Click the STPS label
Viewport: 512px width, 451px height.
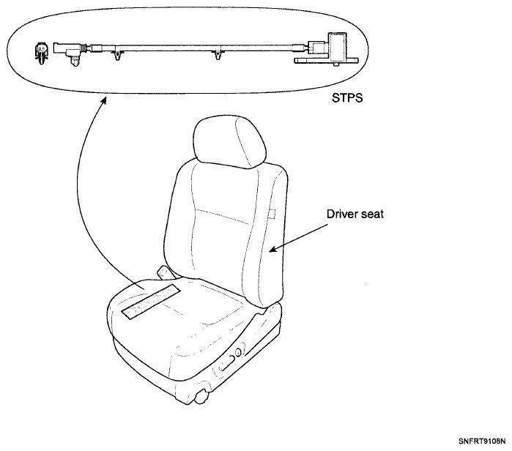pos(347,97)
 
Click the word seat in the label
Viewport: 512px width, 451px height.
pos(373,215)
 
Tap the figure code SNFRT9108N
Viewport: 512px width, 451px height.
pos(482,441)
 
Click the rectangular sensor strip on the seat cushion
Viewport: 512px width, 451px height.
pos(151,302)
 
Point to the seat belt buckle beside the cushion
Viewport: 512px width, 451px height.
pos(166,273)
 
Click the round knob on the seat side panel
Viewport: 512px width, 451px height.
pos(238,353)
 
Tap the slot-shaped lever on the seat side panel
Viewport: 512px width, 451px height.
pos(227,363)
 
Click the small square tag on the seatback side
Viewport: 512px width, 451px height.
pos(272,214)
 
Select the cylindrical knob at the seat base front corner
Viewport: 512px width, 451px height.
pos(202,395)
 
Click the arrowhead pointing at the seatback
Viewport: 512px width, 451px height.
pos(272,250)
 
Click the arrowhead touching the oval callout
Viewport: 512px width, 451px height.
pos(103,100)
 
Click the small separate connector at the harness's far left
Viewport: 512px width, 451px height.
pos(41,53)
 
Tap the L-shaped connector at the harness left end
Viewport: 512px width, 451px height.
pos(68,52)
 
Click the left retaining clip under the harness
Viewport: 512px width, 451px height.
pos(118,54)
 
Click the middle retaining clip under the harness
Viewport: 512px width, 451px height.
pos(218,54)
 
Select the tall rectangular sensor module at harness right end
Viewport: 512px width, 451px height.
pos(338,46)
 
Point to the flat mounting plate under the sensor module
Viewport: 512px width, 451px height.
pos(326,61)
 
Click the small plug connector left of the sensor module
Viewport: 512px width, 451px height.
pos(316,48)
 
